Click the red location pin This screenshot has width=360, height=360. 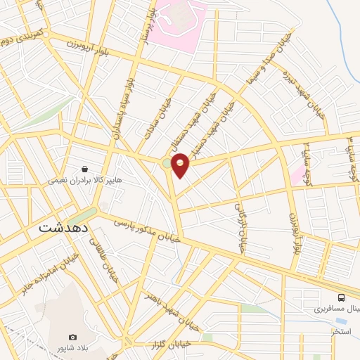[x=181, y=165]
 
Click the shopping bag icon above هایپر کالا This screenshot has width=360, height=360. [x=85, y=169]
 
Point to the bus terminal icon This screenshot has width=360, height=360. [x=341, y=297]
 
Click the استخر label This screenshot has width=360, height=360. [x=342, y=330]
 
